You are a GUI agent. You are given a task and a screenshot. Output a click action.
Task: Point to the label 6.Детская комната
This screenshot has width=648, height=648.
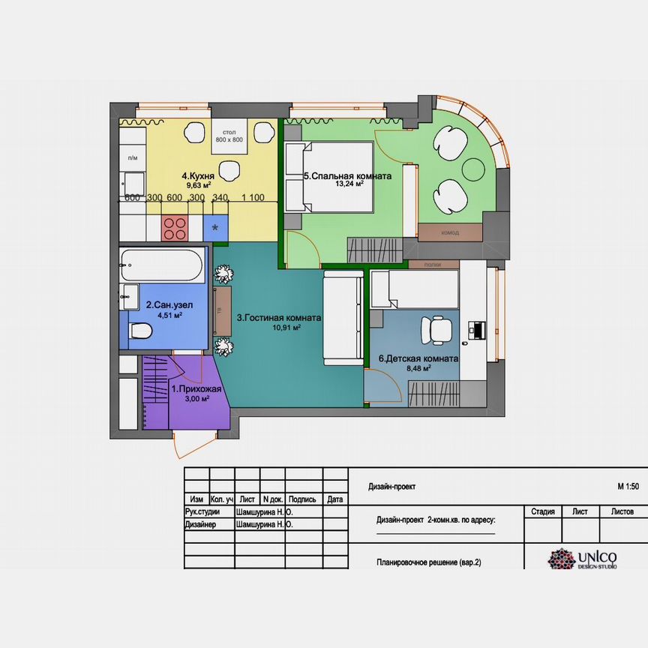pyautogui.click(x=418, y=358)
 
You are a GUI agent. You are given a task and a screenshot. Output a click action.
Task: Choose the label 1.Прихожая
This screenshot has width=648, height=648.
pyautogui.click(x=196, y=389)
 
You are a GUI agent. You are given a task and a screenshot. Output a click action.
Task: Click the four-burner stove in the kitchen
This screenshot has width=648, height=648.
pyautogui.click(x=175, y=227)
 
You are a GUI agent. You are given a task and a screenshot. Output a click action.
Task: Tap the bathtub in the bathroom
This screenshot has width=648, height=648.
pyautogui.click(x=161, y=265)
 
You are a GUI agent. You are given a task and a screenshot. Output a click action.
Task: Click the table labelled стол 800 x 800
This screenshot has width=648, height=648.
pyautogui.click(x=229, y=136)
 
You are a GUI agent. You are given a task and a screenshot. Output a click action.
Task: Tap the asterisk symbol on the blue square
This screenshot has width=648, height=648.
pyautogui.click(x=216, y=227)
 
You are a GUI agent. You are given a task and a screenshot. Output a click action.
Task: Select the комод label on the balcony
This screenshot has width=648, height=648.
pyautogui.click(x=450, y=232)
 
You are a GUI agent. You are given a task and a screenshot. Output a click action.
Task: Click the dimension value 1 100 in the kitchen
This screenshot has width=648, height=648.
pyautogui.click(x=253, y=197)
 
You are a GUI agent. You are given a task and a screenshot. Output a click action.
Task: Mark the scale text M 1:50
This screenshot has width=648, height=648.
pyautogui.click(x=628, y=486)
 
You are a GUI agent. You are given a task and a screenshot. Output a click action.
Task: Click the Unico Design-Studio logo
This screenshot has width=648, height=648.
pyautogui.click(x=583, y=559)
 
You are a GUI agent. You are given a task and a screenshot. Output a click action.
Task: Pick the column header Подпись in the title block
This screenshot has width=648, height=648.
pyautogui.click(x=301, y=499)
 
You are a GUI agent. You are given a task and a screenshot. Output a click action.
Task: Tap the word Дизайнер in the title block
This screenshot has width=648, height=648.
pyautogui.click(x=200, y=525)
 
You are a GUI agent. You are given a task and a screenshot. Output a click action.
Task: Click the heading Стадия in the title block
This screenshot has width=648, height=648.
pyautogui.click(x=542, y=511)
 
